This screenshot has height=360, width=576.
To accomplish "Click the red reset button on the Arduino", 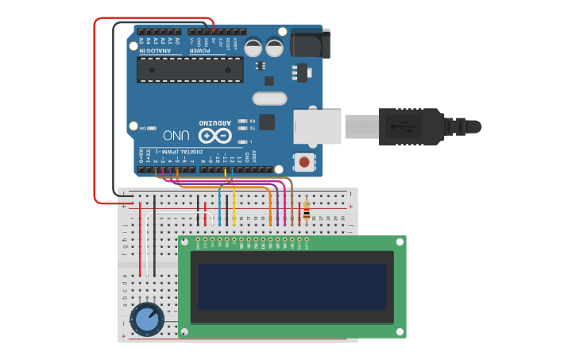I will pos(303,162).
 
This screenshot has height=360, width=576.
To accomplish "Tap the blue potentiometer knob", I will pos(147,319).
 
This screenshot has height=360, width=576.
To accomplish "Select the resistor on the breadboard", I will pos(307,212).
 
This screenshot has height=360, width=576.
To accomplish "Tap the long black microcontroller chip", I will pos(190,69).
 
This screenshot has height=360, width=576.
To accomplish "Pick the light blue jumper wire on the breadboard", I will pos(219,208).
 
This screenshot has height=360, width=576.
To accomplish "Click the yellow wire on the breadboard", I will pos(234,208).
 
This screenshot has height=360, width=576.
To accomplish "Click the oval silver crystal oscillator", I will pos(269,99).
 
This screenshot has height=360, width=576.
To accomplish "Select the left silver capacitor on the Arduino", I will pos(253,48).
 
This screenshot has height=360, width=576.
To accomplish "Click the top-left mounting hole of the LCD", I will pos(185,241).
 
